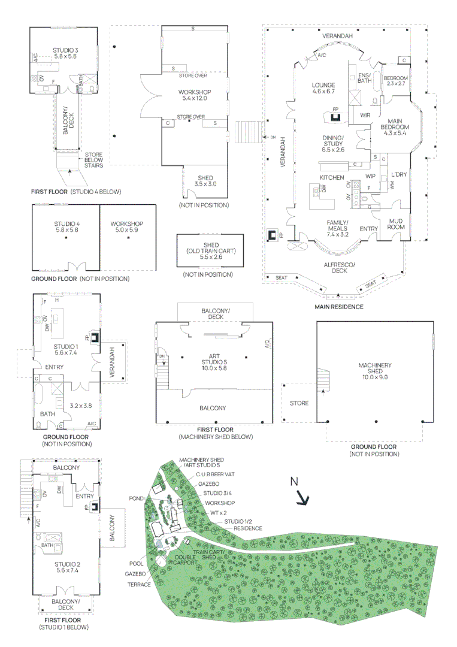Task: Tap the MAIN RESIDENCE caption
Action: [339, 307]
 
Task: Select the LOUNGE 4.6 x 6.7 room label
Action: [323, 88]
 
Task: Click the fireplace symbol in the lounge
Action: [337, 116]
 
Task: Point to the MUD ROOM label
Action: [396, 223]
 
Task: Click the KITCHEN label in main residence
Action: [331, 177]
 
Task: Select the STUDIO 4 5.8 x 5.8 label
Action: [67, 227]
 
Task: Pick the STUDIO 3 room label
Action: [64, 52]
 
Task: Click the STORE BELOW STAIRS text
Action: [94, 159]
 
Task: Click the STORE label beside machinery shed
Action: [299, 403]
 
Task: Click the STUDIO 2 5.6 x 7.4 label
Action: [66, 567]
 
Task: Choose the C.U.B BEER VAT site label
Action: [215, 473]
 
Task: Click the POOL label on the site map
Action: [136, 563]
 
